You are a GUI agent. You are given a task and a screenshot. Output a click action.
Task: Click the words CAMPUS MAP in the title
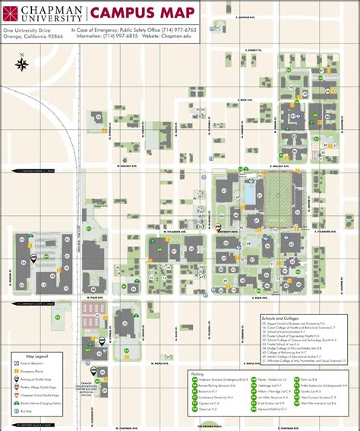coord(136,12)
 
